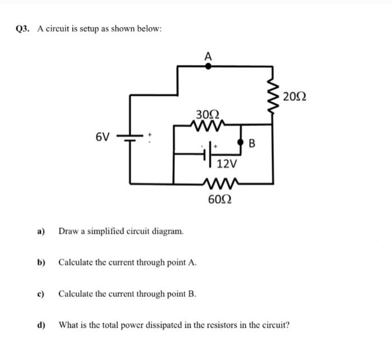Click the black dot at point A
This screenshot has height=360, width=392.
tap(208, 66)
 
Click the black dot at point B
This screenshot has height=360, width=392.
tap(241, 143)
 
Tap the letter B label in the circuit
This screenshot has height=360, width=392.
tap(251, 144)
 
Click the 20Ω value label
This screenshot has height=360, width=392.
tap(295, 96)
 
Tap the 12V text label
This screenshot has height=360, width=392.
tap(227, 164)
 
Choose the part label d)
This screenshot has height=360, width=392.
tap(40, 324)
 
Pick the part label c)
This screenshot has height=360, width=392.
tap(40, 293)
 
